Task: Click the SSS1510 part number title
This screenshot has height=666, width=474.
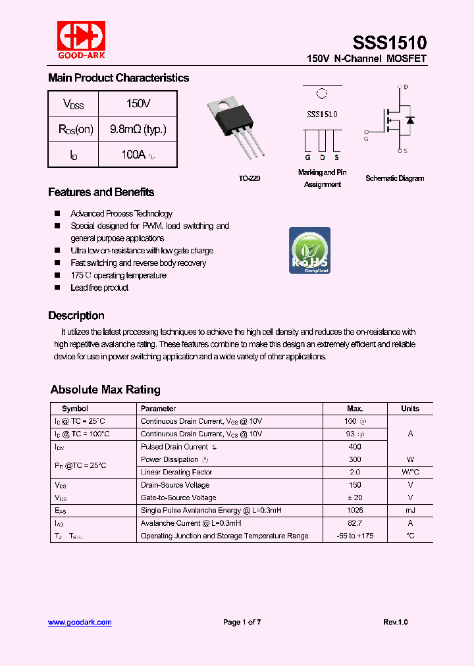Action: [389, 43]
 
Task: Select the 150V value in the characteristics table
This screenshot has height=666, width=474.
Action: [138, 104]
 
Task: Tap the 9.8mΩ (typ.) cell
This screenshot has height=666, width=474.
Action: [138, 129]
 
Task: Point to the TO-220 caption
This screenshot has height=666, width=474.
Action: [249, 178]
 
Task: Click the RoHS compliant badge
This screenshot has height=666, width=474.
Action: [309, 251]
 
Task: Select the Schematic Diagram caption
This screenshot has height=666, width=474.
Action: [394, 178]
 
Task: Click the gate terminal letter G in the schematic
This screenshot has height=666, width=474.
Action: [366, 138]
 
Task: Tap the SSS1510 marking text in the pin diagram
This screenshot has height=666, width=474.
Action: [322, 114]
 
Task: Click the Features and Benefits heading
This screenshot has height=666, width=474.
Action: [101, 192]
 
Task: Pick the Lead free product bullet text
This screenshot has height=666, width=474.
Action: [99, 288]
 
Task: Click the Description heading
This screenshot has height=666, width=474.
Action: [76, 315]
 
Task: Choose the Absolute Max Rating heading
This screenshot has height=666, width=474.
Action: [105, 389]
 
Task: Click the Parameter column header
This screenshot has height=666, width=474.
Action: [158, 409]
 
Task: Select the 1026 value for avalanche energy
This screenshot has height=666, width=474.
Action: [354, 510]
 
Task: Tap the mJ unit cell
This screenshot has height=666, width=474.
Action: [409, 510]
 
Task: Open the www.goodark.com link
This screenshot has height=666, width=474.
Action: [80, 622]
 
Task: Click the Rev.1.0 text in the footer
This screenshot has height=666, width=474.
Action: [395, 622]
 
